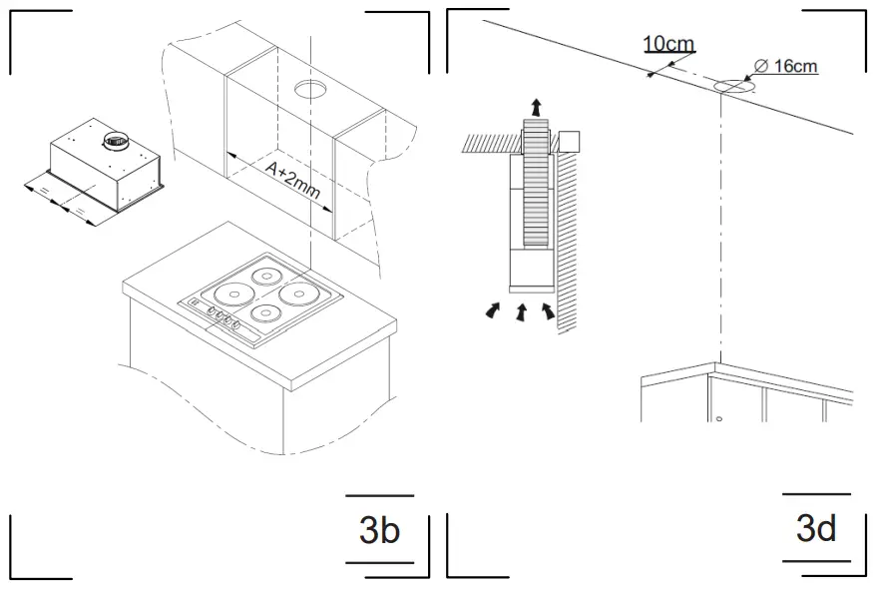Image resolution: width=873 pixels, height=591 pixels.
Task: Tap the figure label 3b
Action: [379, 530]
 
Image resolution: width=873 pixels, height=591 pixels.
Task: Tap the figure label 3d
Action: [816, 528]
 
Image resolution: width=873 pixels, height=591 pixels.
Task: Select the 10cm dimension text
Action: [667, 44]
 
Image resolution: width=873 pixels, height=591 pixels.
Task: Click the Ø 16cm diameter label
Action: [786, 66]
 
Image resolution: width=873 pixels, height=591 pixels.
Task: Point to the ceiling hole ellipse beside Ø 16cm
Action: [733, 88]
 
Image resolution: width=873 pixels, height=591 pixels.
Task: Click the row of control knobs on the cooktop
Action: [224, 319]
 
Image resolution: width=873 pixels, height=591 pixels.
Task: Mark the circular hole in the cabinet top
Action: [310, 90]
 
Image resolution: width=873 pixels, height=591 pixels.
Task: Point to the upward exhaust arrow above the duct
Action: [537, 106]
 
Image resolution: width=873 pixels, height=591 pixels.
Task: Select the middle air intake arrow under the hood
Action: [520, 313]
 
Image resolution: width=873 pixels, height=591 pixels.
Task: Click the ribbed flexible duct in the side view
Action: [537, 185]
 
